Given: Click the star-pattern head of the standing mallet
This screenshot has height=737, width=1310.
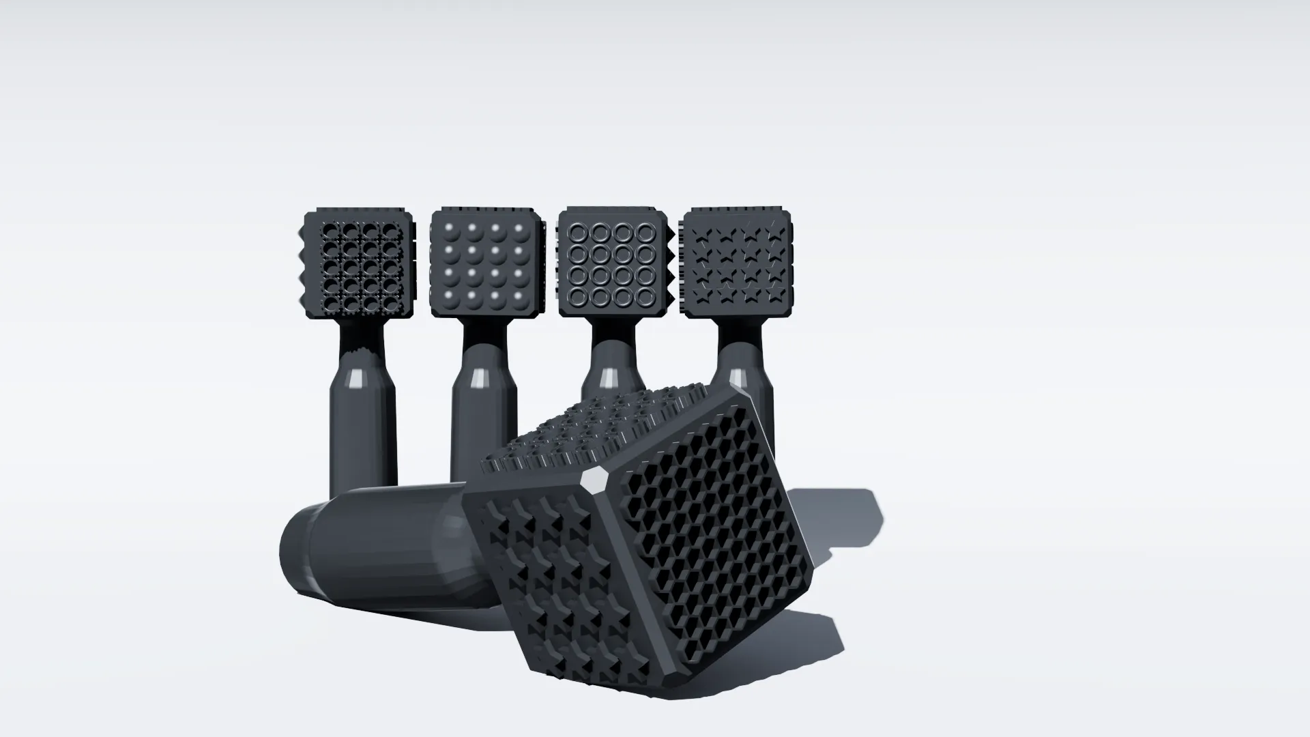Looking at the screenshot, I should pyautogui.click(x=738, y=263).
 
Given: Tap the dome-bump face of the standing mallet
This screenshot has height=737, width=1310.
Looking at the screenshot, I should pyautogui.click(x=485, y=263).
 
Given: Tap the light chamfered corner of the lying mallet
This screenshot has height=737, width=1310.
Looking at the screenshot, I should pyautogui.click(x=593, y=481).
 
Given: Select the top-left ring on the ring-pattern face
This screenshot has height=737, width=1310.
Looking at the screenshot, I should pyautogui.click(x=579, y=233).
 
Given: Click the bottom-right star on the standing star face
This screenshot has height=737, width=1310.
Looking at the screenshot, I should pyautogui.click(x=774, y=294).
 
